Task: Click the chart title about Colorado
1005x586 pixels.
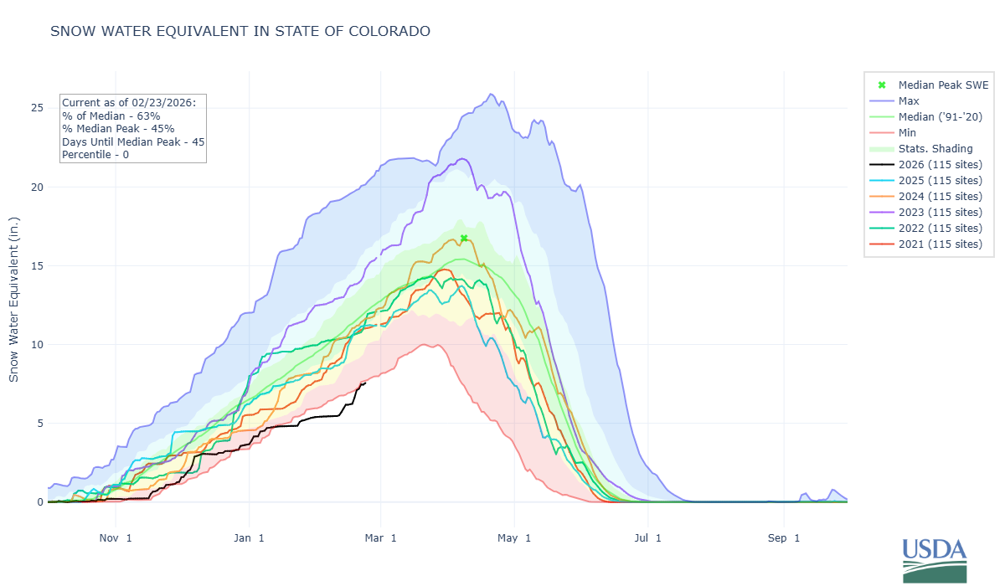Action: (240, 32)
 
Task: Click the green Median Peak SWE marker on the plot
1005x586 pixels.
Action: (464, 239)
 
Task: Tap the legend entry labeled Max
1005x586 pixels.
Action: (910, 100)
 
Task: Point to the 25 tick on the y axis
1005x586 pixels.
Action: (34, 108)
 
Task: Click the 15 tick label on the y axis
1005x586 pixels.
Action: (34, 265)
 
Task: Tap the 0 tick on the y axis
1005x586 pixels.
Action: (38, 502)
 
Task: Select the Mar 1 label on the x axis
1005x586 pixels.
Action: (381, 537)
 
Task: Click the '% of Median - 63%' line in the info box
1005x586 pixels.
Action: (112, 116)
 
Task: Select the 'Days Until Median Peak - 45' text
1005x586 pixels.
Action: (133, 141)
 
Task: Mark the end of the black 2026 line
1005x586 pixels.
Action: (365, 383)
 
